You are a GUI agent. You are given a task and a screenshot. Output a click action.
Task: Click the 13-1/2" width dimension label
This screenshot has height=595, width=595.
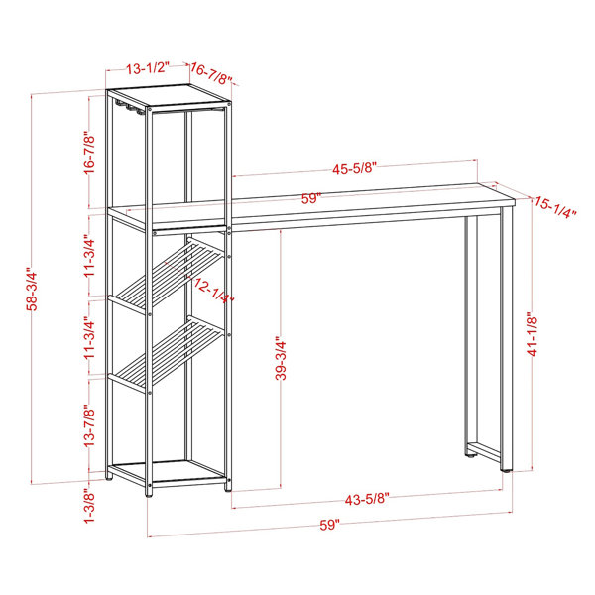(x=148, y=68)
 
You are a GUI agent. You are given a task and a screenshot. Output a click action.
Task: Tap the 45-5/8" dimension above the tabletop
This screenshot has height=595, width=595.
(x=354, y=169)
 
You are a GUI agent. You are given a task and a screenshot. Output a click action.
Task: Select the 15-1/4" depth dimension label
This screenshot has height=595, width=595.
(x=555, y=208)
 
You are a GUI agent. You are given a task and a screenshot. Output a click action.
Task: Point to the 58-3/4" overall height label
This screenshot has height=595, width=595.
(x=33, y=290)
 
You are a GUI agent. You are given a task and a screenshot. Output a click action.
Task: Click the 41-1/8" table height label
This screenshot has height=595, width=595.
(x=533, y=334)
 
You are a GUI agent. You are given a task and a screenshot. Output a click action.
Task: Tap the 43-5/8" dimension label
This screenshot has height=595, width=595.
(x=367, y=499)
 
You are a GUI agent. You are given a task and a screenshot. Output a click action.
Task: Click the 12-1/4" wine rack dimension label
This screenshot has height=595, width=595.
(x=213, y=290)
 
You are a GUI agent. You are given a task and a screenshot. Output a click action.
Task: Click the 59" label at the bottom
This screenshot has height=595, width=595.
(x=329, y=526)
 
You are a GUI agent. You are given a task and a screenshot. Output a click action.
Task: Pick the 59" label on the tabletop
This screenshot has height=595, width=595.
(x=311, y=198)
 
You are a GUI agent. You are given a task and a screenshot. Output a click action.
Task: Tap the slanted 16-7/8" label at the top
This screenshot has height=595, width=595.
(x=211, y=74)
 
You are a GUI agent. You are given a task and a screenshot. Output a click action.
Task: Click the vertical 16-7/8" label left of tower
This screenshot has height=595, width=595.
(x=89, y=153)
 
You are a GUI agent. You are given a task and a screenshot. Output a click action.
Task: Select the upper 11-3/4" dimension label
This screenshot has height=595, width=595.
(x=89, y=256)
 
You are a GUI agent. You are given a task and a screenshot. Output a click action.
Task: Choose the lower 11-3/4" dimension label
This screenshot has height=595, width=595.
(x=89, y=338)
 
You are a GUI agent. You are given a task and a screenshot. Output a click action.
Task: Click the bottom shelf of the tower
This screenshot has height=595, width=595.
(x=168, y=472)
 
